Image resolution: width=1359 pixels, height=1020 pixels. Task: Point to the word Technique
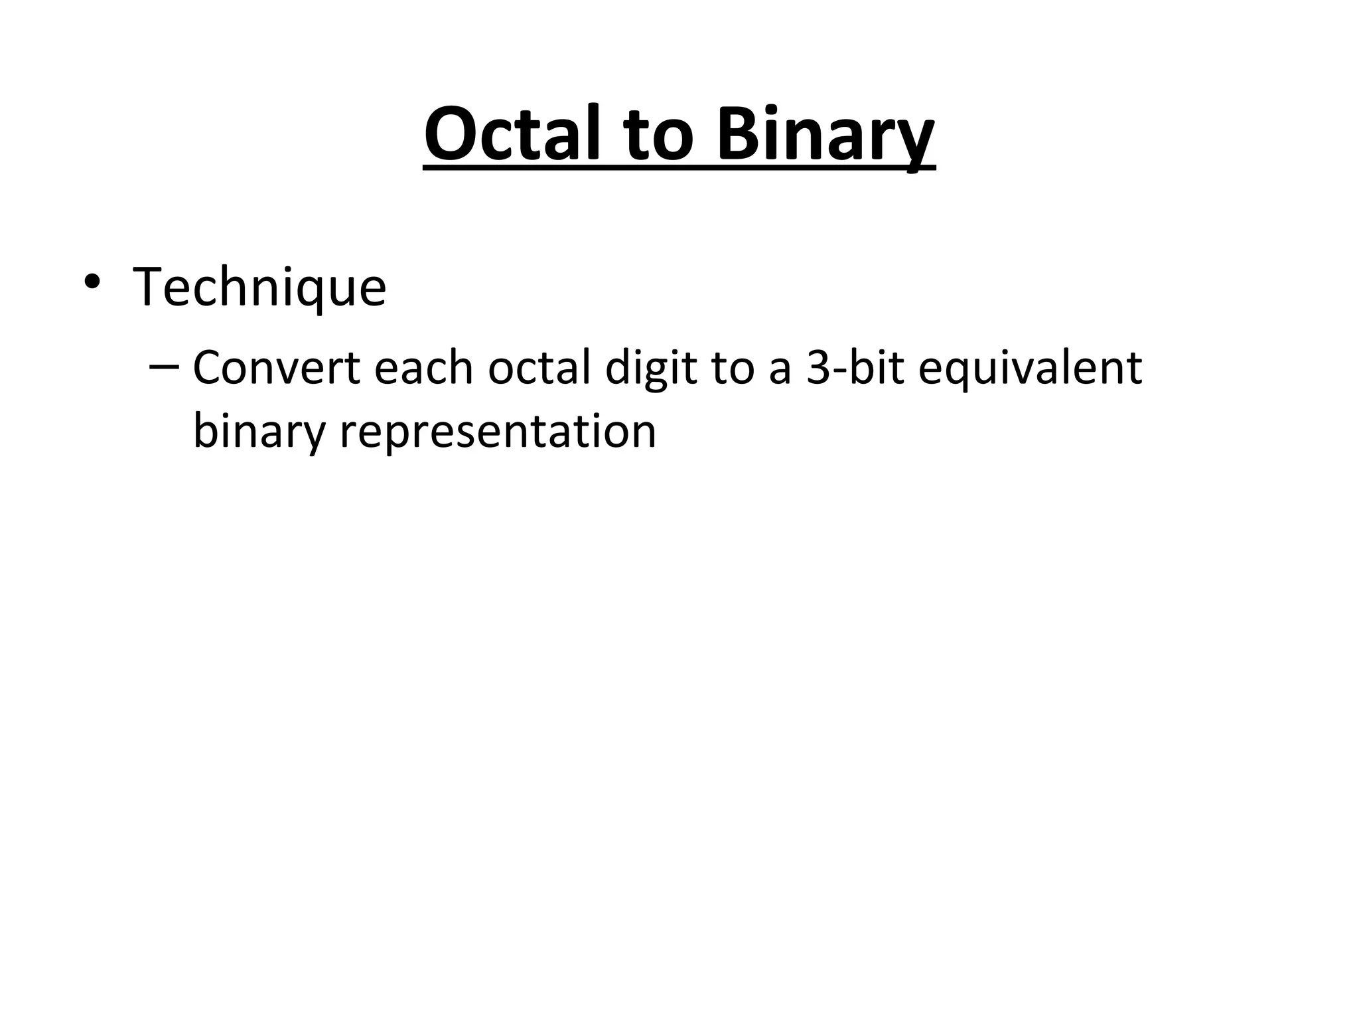pos(259,288)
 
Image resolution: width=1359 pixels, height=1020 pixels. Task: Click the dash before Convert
pos(163,367)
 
